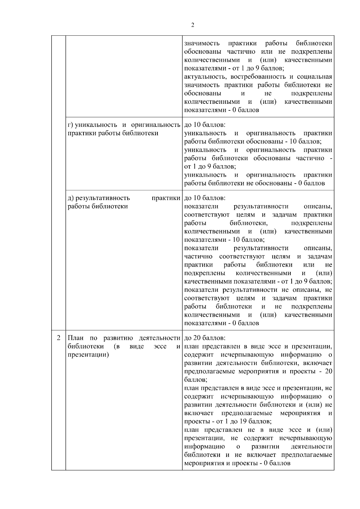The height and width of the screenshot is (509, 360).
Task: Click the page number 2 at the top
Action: click(x=193, y=25)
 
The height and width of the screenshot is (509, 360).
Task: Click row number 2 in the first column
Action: click(x=58, y=338)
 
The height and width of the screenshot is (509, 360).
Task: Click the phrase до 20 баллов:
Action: click(x=205, y=338)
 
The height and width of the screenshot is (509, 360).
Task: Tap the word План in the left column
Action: click(x=75, y=338)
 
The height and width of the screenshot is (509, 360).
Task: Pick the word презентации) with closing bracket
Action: click(x=88, y=355)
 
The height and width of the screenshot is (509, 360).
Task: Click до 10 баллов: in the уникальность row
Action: click(x=205, y=125)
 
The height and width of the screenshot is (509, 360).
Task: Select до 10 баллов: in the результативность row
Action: click(x=205, y=198)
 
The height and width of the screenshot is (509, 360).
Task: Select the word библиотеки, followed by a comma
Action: click(x=249, y=223)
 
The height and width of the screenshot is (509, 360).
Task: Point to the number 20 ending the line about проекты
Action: click(x=328, y=372)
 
